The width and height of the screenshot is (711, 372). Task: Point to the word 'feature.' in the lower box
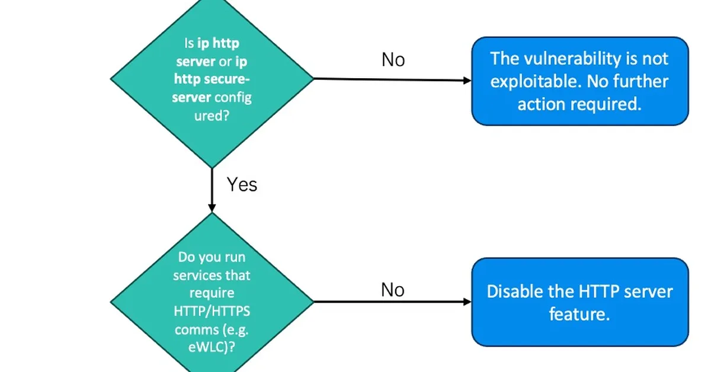[579, 314]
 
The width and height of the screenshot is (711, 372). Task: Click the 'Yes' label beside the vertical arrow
[242, 184]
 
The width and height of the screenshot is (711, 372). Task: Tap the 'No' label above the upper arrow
[393, 59]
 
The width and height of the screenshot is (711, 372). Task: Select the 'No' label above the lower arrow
[392, 290]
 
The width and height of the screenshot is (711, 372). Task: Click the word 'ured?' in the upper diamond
[212, 116]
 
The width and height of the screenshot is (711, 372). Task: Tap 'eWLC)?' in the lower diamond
[212, 348]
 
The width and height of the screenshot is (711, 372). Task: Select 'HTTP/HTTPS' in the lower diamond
[212, 312]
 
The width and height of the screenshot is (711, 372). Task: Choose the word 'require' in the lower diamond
[212, 293]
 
